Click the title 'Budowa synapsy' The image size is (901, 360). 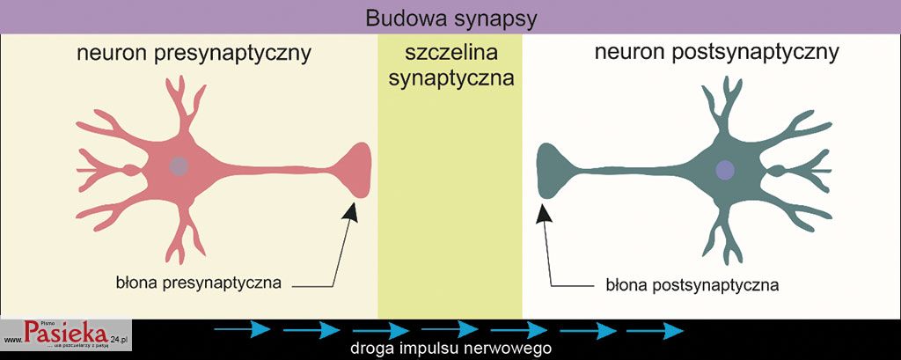click(450, 17)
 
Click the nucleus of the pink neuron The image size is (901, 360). click(179, 166)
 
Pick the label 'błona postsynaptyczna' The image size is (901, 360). click(692, 286)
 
